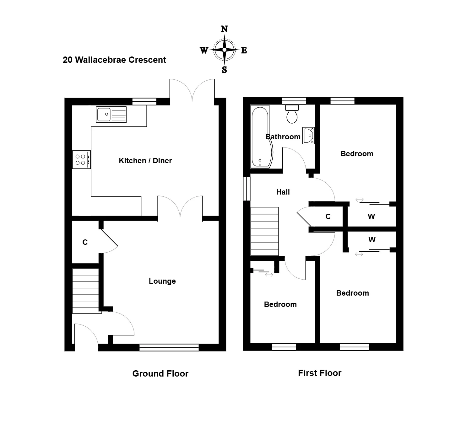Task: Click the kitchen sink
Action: point(111,115)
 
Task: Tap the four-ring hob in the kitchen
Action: point(81,159)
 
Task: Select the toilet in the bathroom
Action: point(292,114)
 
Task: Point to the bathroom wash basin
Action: point(308,136)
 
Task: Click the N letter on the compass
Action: point(224,29)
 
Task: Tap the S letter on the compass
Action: point(225,70)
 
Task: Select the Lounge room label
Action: point(162,281)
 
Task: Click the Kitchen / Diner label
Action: point(145,161)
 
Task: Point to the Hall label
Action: point(283,192)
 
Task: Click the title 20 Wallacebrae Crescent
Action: point(114,60)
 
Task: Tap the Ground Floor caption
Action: point(160,373)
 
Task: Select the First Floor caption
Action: point(320,373)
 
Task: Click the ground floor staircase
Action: point(86,291)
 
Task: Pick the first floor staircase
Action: point(264,231)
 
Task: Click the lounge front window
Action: point(169,347)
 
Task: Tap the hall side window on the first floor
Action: point(247,189)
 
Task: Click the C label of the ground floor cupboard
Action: point(85,242)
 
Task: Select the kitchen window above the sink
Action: point(144,101)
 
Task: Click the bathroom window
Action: point(294,101)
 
